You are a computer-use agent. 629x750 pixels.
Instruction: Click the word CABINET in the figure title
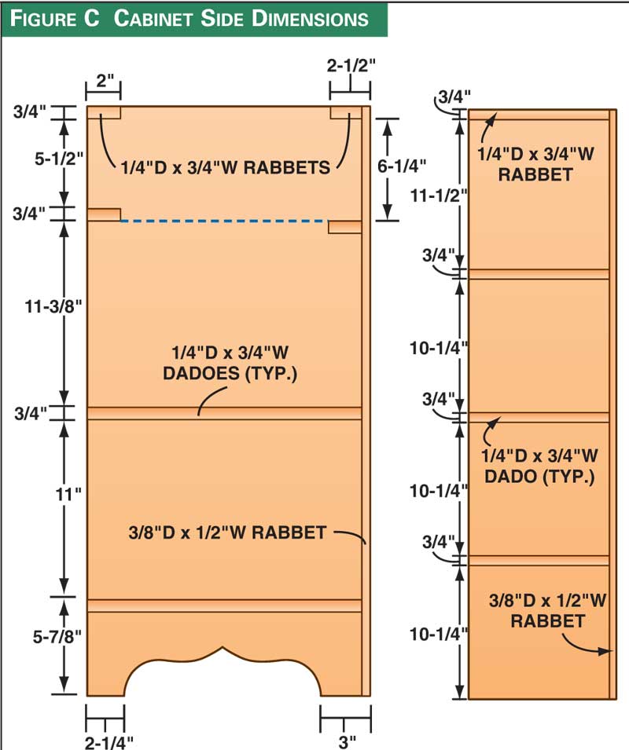(153, 19)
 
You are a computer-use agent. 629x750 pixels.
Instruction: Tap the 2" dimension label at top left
(105, 81)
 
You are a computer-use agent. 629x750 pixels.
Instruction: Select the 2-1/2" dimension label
(351, 65)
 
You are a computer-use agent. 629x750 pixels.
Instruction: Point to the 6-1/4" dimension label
(402, 166)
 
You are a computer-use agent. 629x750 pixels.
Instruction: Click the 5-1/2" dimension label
(59, 159)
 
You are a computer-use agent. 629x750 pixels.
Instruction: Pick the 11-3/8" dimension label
(53, 306)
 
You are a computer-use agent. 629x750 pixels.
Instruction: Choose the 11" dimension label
(68, 494)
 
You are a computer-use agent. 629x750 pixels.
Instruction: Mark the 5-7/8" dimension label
(57, 637)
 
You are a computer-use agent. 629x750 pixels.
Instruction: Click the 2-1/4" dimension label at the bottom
(109, 742)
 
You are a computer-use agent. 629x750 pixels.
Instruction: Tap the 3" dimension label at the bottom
(347, 742)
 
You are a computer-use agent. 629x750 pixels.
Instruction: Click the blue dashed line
(224, 221)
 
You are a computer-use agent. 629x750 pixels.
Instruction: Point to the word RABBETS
(287, 168)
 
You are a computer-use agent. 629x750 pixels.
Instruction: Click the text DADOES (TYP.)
(230, 373)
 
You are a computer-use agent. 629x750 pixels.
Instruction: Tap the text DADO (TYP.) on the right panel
(539, 477)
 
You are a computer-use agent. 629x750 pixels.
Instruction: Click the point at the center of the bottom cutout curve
(222, 648)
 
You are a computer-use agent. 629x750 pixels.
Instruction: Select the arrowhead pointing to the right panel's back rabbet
(605, 651)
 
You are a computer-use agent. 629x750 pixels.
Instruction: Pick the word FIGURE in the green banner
(54, 19)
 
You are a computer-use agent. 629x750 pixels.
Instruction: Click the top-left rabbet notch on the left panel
(104, 112)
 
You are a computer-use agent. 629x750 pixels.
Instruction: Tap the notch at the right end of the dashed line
(344, 227)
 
